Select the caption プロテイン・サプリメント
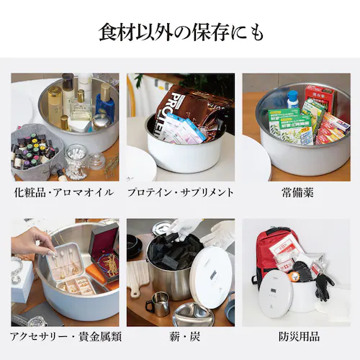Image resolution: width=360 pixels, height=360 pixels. point(180,192)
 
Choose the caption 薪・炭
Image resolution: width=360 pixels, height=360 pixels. point(180,336)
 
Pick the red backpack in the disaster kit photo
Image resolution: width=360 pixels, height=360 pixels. point(268,248)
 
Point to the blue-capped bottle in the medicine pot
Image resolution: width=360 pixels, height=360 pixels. point(293,99)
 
